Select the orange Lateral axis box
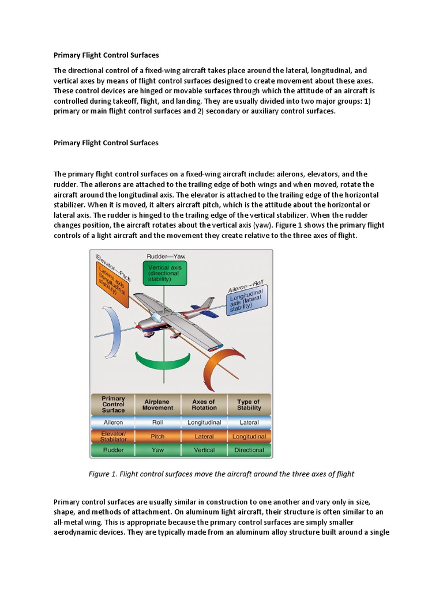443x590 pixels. coord(112,281)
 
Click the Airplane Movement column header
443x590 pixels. coord(157,404)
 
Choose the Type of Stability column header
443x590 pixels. coord(249,404)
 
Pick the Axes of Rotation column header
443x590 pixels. coord(204,404)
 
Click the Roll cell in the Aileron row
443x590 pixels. coord(157,422)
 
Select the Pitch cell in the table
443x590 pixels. coord(157,436)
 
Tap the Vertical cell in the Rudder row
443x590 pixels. coord(204,450)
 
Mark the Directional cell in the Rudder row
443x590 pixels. coord(249,450)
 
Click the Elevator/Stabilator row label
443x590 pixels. coord(113,436)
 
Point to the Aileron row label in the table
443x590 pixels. coord(113,422)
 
